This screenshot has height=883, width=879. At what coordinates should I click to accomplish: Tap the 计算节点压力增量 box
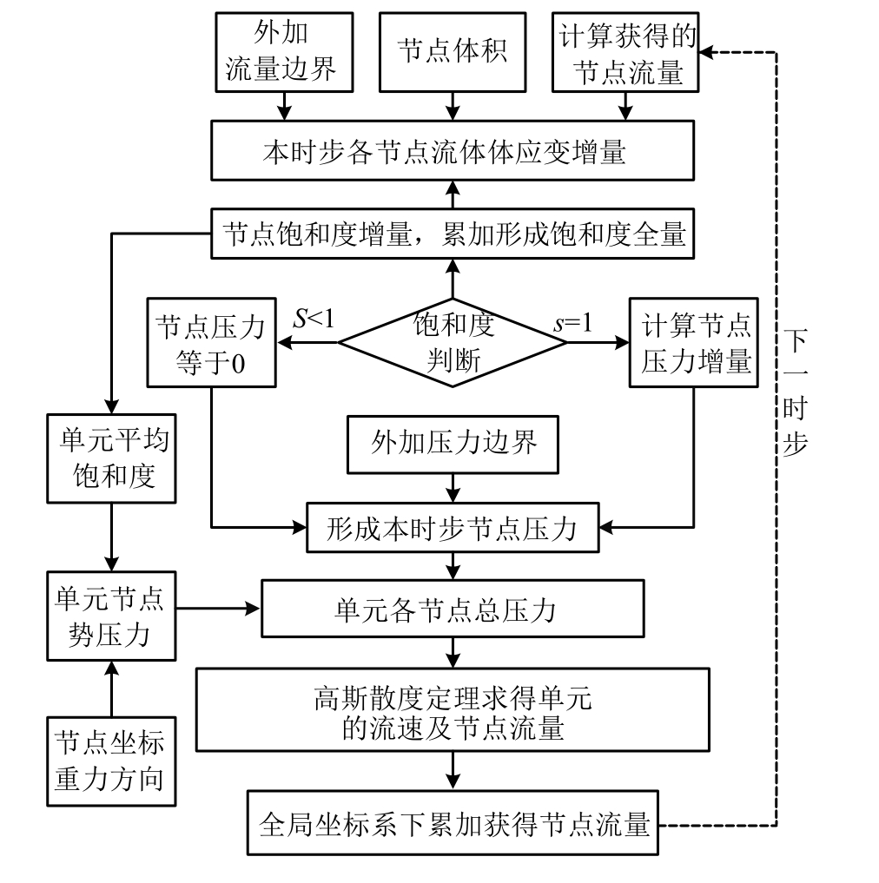(x=694, y=342)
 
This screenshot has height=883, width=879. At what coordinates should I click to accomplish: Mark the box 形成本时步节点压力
(x=453, y=526)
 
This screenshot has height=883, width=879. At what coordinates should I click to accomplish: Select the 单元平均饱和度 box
(x=111, y=458)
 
